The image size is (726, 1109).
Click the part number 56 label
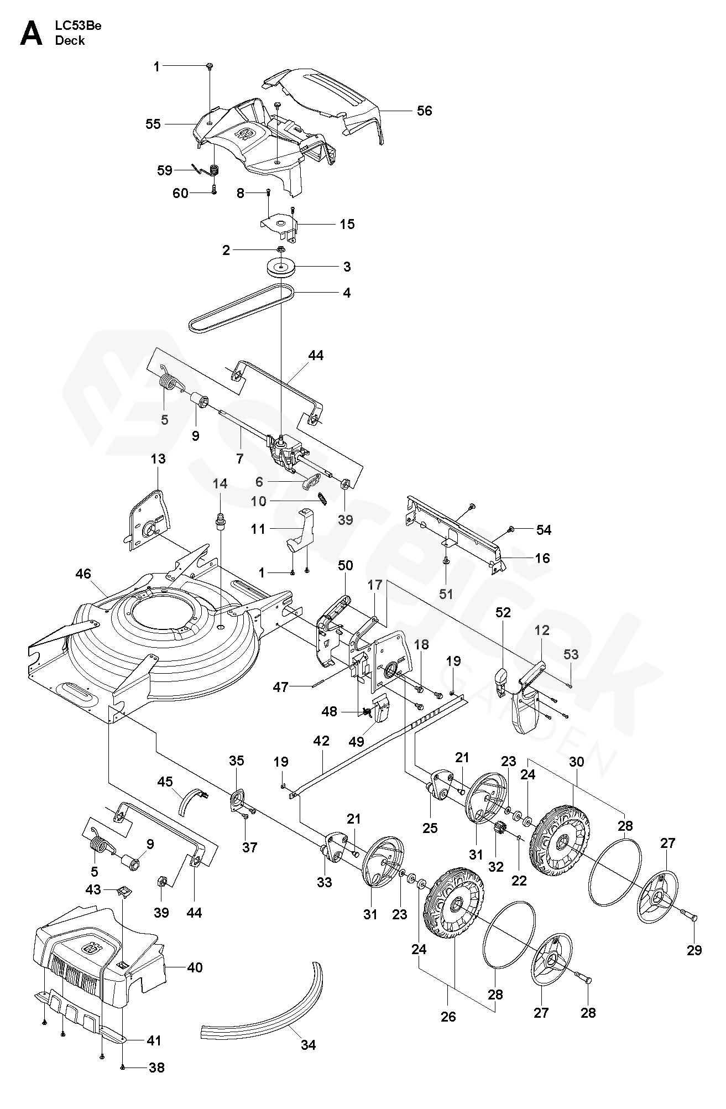coord(424,111)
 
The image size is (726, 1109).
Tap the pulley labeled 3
coord(280,267)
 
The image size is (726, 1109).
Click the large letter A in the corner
coord(31,35)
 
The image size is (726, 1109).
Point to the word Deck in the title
coord(70,40)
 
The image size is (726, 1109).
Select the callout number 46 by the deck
coord(84,574)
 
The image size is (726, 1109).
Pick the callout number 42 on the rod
coord(321,741)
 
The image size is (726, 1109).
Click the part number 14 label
coord(220,484)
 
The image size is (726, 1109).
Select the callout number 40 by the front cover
coord(195,967)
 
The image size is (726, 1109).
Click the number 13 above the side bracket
coord(158,459)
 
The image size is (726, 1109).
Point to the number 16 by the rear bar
coord(542,558)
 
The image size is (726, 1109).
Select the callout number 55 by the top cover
coord(153,124)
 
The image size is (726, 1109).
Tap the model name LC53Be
coord(78,26)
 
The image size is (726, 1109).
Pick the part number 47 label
coord(280,687)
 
